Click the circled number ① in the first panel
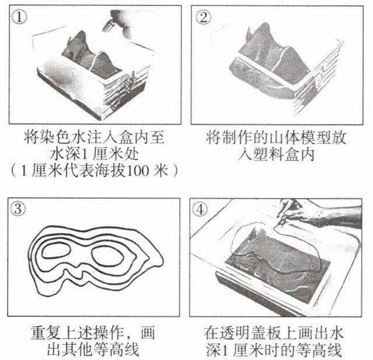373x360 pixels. point(19,17)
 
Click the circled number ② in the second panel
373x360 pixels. point(203,17)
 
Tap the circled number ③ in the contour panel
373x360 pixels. point(18,209)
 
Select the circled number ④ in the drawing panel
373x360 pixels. point(200,210)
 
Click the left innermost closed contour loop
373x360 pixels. point(56,258)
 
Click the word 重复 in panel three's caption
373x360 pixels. point(46,333)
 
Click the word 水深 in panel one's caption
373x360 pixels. point(65,154)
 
